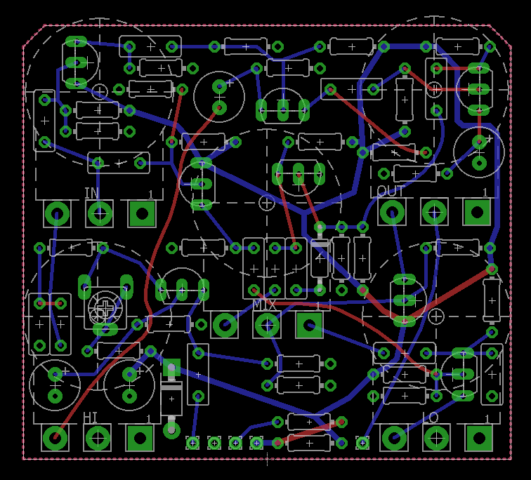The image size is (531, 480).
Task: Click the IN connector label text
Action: point(91,193)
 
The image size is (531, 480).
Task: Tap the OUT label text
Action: point(391,192)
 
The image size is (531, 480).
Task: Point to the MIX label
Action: point(265,305)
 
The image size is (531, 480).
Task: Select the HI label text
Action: point(91,418)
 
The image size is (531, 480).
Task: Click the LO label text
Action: point(431,418)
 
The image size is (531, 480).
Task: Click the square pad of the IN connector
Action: point(141,213)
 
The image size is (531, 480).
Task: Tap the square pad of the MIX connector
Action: point(309,325)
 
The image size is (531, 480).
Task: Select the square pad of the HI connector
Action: point(140,439)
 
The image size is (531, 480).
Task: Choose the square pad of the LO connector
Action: point(479,439)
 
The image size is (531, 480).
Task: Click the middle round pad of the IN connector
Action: point(99,213)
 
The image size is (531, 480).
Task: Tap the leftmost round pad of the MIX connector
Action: point(225,325)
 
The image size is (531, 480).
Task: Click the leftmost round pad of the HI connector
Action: point(55,439)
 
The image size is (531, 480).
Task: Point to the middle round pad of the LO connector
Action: point(436,439)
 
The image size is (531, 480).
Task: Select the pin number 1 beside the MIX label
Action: point(317,305)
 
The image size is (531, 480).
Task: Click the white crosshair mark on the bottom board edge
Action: point(266,460)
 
